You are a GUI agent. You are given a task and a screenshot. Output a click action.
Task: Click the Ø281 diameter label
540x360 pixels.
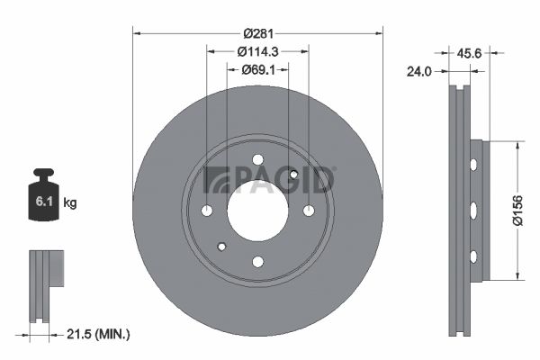coord(258,33)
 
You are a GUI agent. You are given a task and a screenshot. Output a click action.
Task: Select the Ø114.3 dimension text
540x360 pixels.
coord(258,51)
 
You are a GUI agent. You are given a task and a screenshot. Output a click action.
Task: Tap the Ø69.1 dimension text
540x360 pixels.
coord(258,70)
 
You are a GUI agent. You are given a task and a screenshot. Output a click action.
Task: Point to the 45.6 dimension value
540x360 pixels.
coord(469,53)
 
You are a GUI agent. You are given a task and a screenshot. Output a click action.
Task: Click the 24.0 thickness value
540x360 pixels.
coord(419,72)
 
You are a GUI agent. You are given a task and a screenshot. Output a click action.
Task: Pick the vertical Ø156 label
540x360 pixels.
coord(517,211)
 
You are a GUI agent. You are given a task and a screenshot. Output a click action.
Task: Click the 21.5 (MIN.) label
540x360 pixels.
coord(98,334)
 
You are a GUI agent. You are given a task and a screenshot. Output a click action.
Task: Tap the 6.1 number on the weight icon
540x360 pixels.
coord(44,202)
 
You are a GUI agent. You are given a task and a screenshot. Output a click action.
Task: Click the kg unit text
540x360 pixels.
coord(70,202)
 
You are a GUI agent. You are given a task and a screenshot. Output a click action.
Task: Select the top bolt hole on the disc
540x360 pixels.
coord(258,160)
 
